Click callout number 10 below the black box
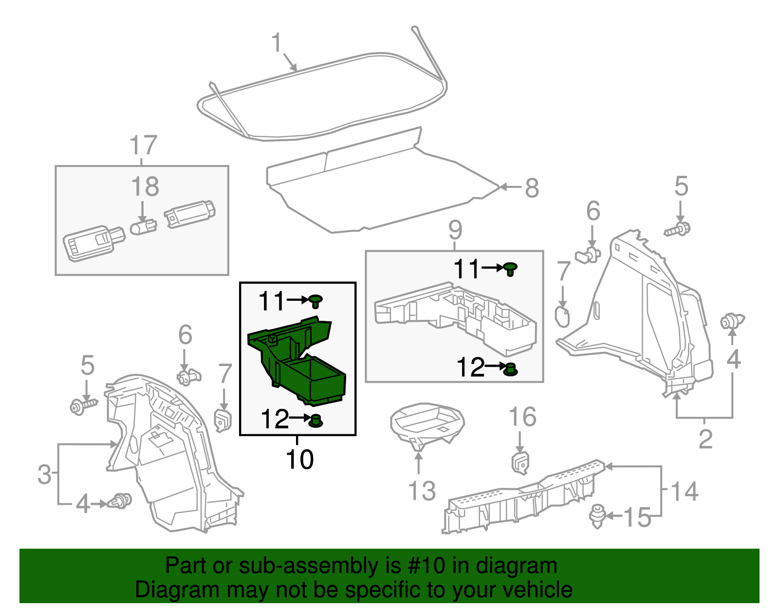pos(299,460)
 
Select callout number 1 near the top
pos(277,43)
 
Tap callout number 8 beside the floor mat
pos(532,188)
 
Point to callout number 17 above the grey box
pos(143,146)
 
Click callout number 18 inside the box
pos(145,187)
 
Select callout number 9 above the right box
pos(455,229)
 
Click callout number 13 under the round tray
pos(422,491)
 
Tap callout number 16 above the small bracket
pos(522,417)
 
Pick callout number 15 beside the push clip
pos(637,517)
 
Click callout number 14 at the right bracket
pos(685,491)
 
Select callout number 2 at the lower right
pos(705,439)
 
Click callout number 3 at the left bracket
pos(44,474)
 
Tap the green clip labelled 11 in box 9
pos(510,269)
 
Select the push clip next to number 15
pos(597,516)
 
